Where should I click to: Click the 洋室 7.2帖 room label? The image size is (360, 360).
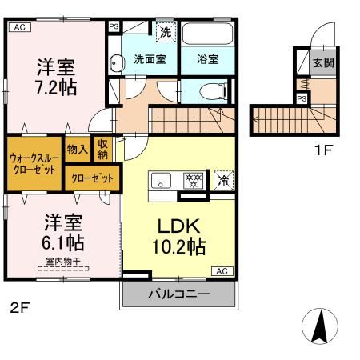point(55,74)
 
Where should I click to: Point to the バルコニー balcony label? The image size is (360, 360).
point(178,294)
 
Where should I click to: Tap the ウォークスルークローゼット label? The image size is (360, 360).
point(34,163)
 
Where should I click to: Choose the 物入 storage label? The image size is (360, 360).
point(77,149)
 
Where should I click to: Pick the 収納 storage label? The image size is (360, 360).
point(102,150)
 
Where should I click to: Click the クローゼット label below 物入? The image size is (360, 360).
point(93,178)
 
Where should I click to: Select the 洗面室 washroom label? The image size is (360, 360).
point(149,58)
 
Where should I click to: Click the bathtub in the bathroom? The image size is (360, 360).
point(207,34)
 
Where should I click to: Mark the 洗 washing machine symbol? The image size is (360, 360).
point(165,33)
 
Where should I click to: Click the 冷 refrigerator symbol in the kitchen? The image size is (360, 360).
point(222,179)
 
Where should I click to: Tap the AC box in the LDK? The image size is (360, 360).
point(221,270)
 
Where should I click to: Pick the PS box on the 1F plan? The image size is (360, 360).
point(302,98)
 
